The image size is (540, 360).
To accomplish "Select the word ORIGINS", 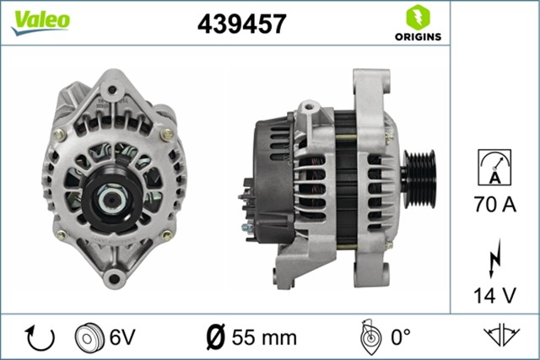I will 414,38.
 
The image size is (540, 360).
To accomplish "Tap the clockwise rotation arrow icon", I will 40,337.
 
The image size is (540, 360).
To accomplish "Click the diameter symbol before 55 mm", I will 216,337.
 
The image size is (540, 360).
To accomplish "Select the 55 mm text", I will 263,337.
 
